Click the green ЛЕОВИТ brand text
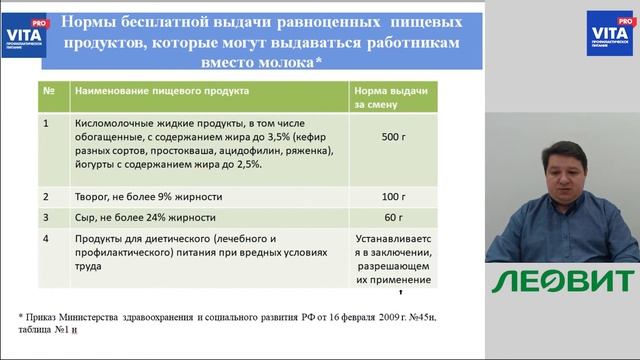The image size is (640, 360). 563,281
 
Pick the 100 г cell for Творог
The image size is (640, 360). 392,196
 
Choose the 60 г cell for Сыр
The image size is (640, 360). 392,217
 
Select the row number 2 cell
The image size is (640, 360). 47,196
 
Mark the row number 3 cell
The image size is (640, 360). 47,217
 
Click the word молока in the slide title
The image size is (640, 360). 278,62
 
